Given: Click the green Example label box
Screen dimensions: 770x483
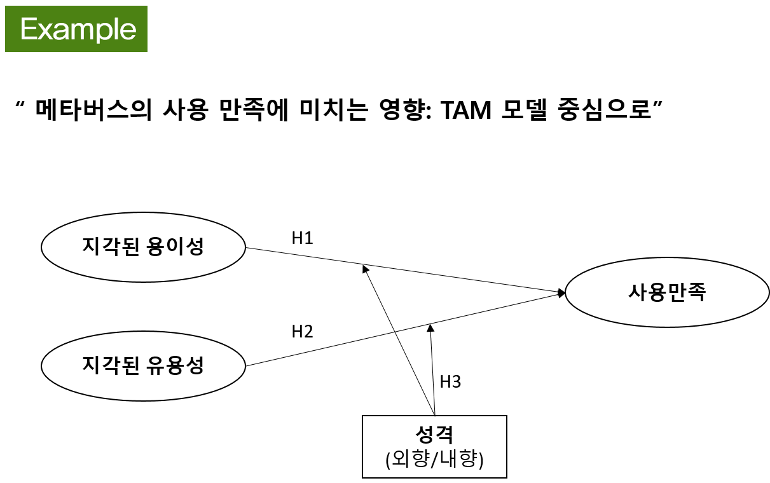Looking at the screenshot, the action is (76, 29).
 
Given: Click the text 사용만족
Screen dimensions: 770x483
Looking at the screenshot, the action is (667, 292).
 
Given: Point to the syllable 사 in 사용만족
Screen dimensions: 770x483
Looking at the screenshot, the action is (638, 292).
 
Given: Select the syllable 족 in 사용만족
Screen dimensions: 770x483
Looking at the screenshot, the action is (697, 292).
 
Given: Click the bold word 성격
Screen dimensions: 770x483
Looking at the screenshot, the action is (434, 435).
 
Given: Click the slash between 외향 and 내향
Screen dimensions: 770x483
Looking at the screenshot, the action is (434, 459).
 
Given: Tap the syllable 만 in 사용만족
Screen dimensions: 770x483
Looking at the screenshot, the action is (677, 292).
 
